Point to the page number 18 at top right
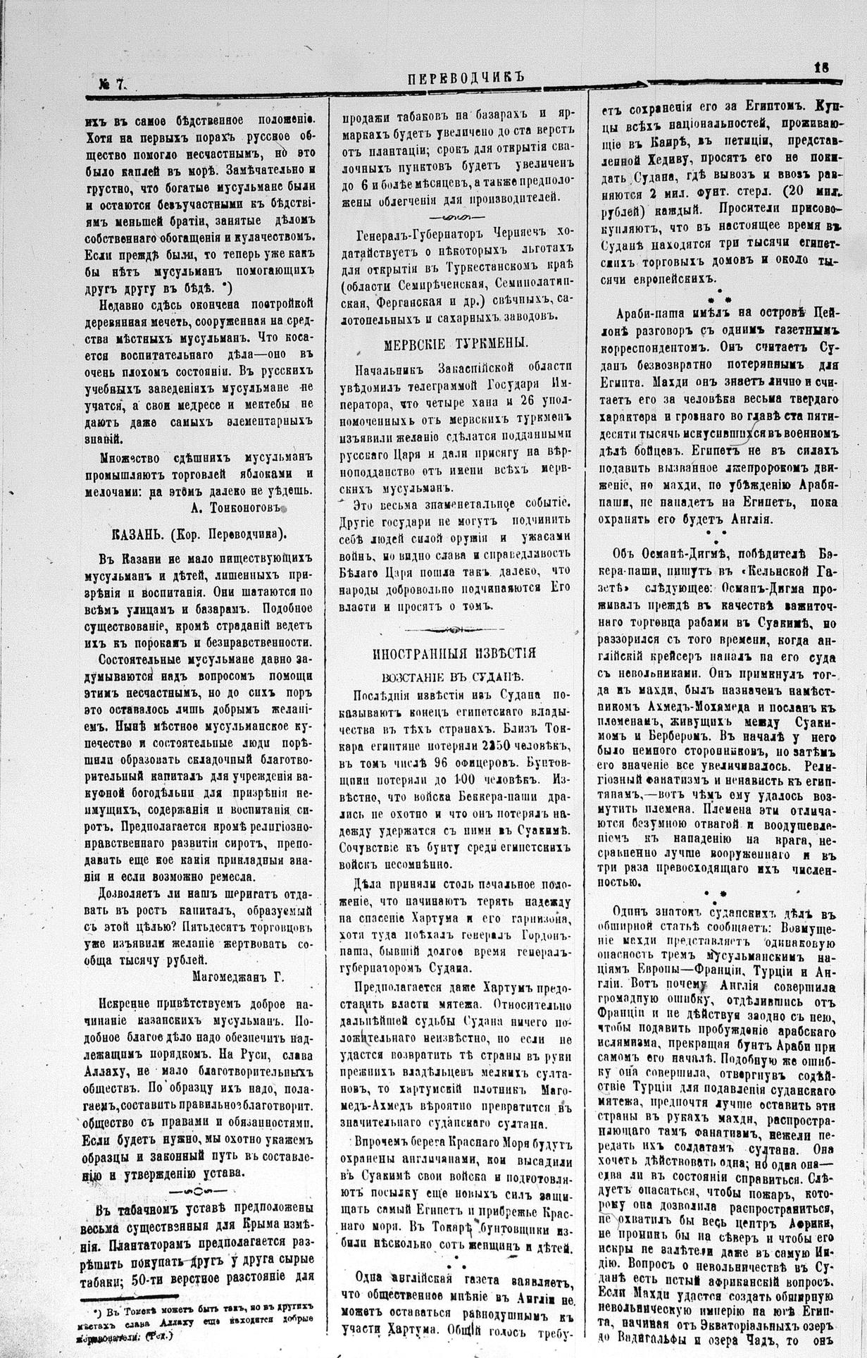(x=821, y=68)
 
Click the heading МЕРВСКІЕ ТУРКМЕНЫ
(x=456, y=343)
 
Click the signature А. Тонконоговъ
(x=237, y=507)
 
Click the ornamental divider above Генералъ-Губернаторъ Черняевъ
(x=454, y=216)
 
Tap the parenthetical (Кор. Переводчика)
(x=230, y=533)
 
